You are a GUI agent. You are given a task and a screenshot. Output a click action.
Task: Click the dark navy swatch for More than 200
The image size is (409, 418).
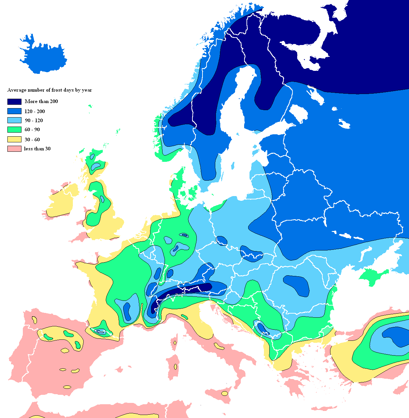(14, 101)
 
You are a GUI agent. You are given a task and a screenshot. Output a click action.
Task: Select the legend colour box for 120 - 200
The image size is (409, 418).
(14, 111)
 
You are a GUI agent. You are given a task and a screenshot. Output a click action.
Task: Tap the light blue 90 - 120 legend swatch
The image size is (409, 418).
(14, 120)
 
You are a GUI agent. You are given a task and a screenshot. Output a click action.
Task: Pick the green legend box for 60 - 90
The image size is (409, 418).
(14, 130)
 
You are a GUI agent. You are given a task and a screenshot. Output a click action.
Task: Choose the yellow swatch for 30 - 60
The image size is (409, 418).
(14, 139)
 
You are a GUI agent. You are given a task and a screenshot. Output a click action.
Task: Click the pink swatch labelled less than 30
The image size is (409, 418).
(14, 149)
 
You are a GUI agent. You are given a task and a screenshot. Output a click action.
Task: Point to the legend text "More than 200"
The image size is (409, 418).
(41, 101)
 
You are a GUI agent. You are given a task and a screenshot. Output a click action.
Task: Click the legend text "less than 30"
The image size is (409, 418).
(37, 149)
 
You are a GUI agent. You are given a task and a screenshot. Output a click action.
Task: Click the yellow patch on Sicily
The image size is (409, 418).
(224, 393)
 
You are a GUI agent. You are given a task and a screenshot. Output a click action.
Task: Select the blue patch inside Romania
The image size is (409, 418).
(297, 285)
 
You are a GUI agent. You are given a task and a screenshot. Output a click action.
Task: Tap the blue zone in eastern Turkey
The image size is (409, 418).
(396, 336)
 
